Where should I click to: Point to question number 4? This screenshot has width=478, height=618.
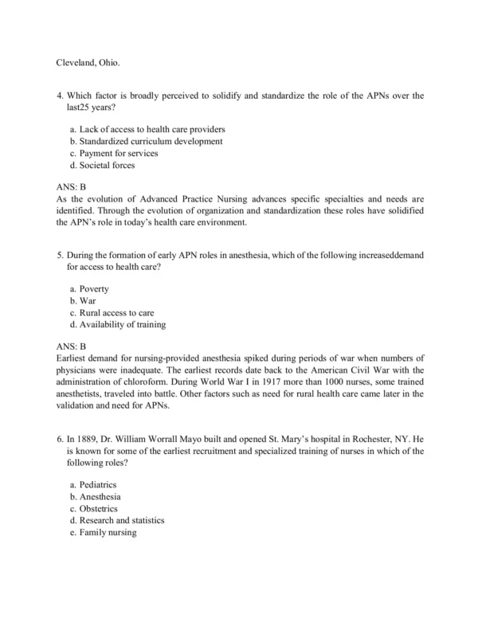coord(61,96)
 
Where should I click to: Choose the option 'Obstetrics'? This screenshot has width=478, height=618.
coord(99,508)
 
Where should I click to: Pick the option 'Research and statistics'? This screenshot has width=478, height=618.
coord(122,520)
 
